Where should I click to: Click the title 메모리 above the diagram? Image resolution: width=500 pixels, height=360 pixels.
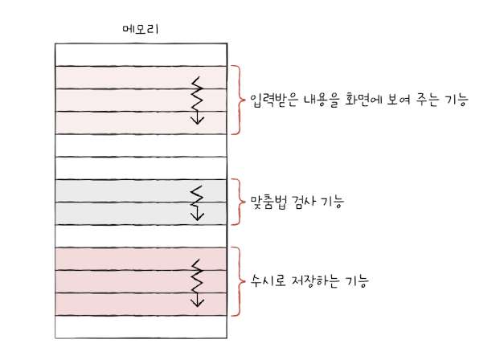click(x=140, y=31)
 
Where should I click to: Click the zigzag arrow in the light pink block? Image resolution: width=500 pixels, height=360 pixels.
click(x=197, y=100)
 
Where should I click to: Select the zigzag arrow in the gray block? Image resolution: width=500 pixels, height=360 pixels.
click(x=197, y=202)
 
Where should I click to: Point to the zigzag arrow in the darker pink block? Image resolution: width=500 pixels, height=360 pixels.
click(x=197, y=282)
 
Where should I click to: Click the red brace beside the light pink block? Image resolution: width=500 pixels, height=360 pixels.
click(x=237, y=100)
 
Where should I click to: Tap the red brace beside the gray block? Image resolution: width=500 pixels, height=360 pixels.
click(x=237, y=202)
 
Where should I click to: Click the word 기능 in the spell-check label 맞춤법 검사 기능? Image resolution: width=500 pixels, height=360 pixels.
click(x=334, y=202)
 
